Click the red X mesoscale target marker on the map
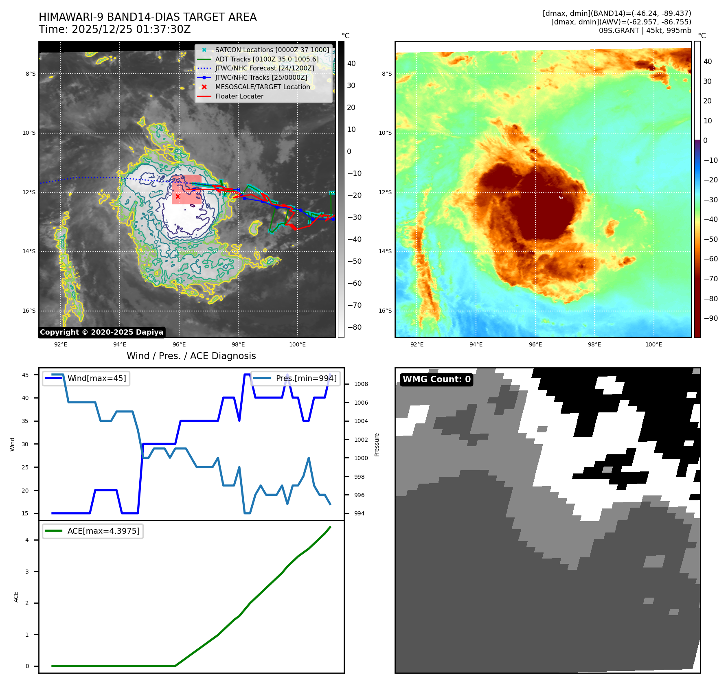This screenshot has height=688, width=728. [178, 197]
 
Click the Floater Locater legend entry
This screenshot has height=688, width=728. [239, 96]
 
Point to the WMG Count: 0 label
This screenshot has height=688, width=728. [436, 379]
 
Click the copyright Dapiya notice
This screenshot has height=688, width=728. [101, 332]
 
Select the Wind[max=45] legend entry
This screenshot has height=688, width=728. [96, 379]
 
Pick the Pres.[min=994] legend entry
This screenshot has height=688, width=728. [306, 379]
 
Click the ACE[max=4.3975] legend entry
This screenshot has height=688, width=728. [103, 531]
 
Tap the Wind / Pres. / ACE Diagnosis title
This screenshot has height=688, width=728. [191, 356]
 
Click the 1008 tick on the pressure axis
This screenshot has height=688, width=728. [361, 384]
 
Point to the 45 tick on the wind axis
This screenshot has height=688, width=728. [25, 375]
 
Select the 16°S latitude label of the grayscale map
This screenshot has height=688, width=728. [29, 311]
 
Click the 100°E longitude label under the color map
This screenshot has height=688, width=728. [653, 345]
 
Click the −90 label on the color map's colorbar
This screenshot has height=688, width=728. [710, 318]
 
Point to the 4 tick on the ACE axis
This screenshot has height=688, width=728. [27, 540]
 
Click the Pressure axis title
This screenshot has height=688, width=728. [377, 445]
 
